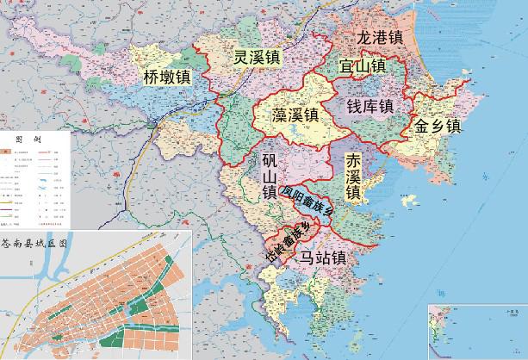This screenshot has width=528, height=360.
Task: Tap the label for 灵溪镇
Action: [x=258, y=59]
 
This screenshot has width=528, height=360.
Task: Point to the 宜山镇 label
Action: [x=362, y=66]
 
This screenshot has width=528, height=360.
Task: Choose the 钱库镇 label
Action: [x=370, y=106]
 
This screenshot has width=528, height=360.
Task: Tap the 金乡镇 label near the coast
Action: [x=438, y=127]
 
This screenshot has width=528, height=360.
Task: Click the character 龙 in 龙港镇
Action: [x=366, y=39]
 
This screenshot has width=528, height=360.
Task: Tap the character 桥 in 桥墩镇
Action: [x=152, y=78]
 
